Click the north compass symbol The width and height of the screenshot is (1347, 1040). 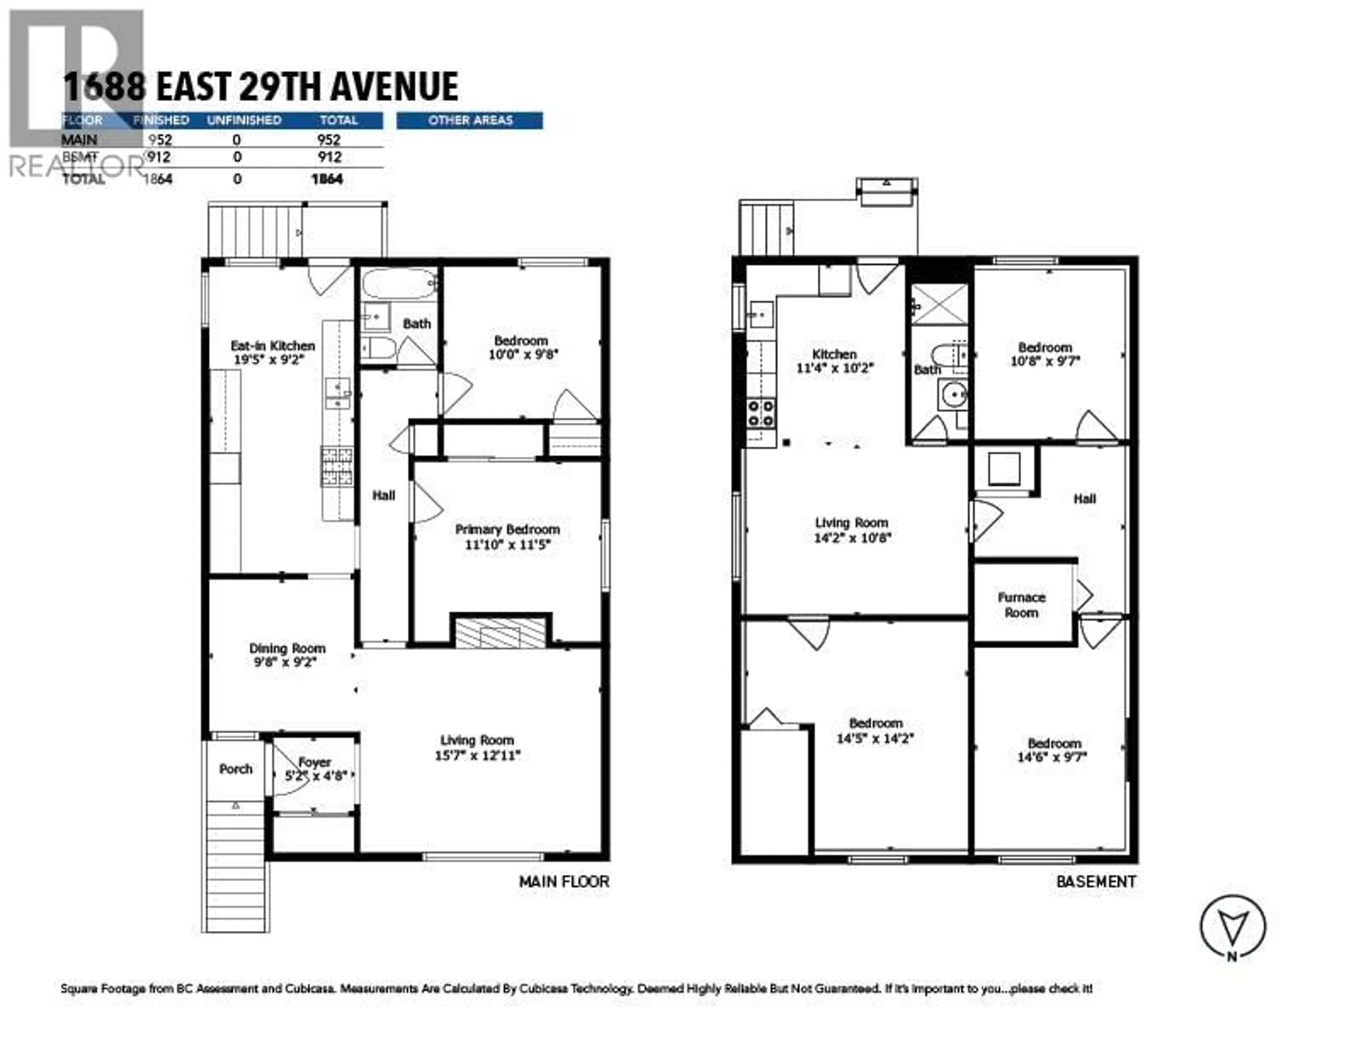pos(1232,926)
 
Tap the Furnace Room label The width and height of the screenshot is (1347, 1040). pos(1021,605)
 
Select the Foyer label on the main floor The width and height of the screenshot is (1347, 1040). pos(315,763)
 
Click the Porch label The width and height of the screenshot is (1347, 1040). pos(236,769)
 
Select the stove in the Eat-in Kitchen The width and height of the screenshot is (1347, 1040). pos(337,466)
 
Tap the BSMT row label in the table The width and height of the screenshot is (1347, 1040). pos(80,158)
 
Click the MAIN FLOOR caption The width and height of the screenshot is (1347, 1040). pos(564,882)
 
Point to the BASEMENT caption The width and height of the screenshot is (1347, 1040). pos(1096,882)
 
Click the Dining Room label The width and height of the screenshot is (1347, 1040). pos(287,648)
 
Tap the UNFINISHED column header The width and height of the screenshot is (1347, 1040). pos(244,120)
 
